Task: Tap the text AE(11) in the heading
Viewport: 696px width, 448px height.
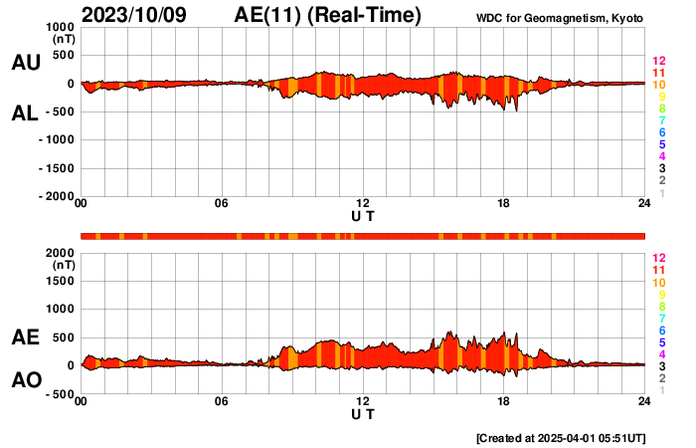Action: pyautogui.click(x=267, y=15)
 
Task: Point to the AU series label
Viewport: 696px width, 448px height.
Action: pyautogui.click(x=25, y=63)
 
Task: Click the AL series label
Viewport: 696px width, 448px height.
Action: pyautogui.click(x=25, y=113)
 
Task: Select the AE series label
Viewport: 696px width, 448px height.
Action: pyautogui.click(x=25, y=338)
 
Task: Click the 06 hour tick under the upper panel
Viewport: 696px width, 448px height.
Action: pyautogui.click(x=222, y=203)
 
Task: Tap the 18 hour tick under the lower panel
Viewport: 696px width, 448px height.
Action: pyautogui.click(x=504, y=401)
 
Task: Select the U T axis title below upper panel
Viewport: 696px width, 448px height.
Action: pyautogui.click(x=363, y=215)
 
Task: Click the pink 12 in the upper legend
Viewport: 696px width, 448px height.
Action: pyautogui.click(x=657, y=62)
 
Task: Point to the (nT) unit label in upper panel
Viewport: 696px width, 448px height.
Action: pyautogui.click(x=62, y=39)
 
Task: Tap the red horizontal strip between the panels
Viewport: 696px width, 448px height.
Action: pyautogui.click(x=363, y=236)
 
